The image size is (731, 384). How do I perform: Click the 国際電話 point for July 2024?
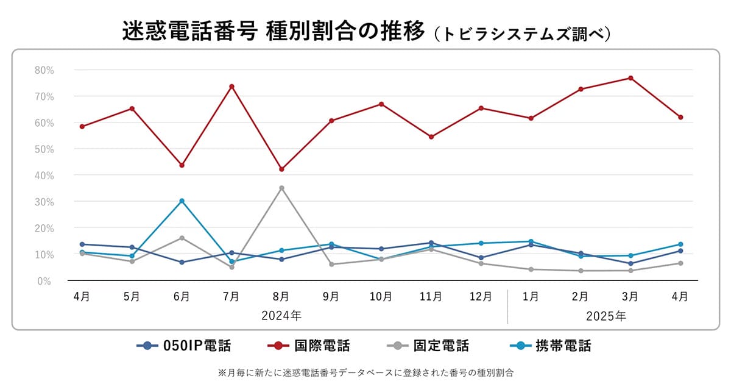point(231,87)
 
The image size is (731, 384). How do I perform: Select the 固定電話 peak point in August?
point(281,188)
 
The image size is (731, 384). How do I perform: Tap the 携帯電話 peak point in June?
point(182,201)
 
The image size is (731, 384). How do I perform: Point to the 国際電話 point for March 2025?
point(630,78)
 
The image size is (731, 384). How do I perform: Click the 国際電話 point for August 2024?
point(281,169)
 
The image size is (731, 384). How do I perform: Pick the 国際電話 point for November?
point(431,137)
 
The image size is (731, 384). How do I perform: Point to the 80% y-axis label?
point(44,70)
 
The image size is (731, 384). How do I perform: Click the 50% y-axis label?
point(44,149)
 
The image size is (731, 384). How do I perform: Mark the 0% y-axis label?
point(46,281)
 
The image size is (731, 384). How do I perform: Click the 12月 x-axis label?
point(481,297)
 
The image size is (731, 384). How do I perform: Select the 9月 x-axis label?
point(331,297)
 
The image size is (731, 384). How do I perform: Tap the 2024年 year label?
point(281,316)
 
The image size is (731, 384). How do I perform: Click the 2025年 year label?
point(606,316)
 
